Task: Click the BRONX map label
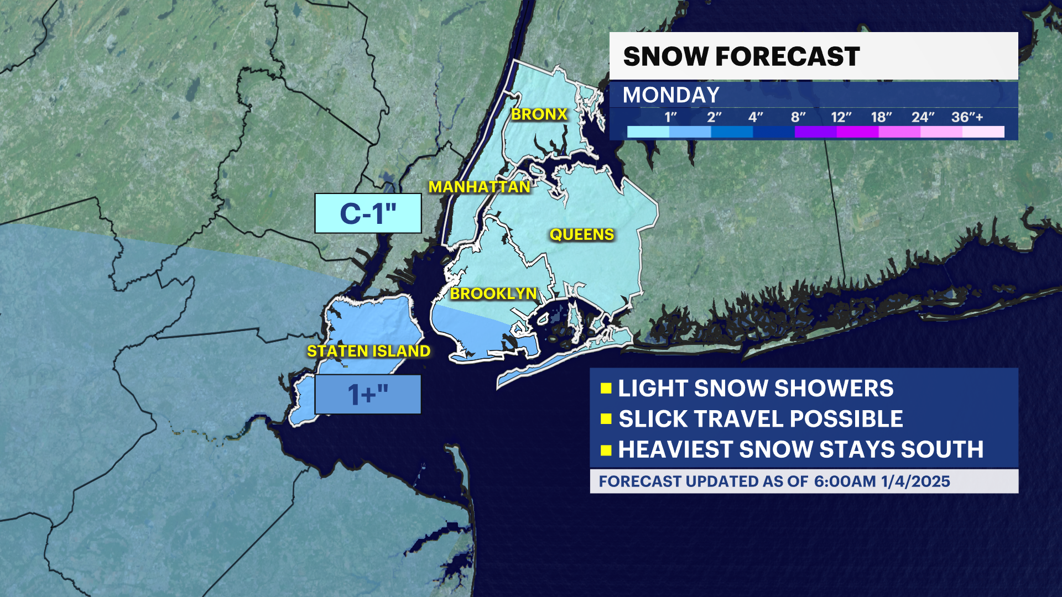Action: pos(539,114)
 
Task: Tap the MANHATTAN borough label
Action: pos(480,187)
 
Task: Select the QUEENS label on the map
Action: pos(582,235)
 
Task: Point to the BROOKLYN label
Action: pos(493,294)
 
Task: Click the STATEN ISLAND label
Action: pos(368,351)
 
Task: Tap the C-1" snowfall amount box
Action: pos(368,213)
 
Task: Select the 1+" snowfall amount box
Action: pos(368,395)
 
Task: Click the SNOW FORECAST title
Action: pos(741,56)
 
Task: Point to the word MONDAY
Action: pos(671,95)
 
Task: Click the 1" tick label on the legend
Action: pos(670,117)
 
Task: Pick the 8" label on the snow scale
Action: pos(798,117)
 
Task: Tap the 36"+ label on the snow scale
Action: pos(967,117)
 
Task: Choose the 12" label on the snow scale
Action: pos(841,117)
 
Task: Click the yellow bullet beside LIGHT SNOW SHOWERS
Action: pos(606,388)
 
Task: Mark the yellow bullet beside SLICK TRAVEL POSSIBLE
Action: pos(606,418)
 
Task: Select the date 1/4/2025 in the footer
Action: pos(915,481)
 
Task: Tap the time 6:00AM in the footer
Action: pos(845,481)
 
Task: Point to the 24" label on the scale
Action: pos(923,117)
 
